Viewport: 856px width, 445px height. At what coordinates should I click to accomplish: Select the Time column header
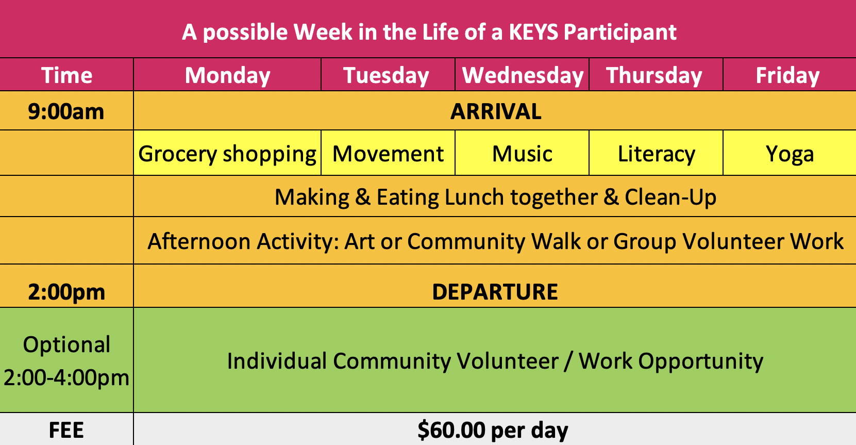[67, 75]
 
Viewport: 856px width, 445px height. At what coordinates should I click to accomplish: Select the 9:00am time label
[66, 111]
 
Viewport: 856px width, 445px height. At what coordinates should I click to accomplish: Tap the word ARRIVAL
[496, 111]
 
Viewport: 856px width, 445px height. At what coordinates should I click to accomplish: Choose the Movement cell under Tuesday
[388, 154]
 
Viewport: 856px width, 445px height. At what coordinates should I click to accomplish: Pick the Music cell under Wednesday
[522, 154]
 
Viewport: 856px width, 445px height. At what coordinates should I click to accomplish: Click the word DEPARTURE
[495, 292]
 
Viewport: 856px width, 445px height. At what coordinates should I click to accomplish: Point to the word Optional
[66, 345]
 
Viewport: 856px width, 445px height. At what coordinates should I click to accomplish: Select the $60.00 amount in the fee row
[451, 430]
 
